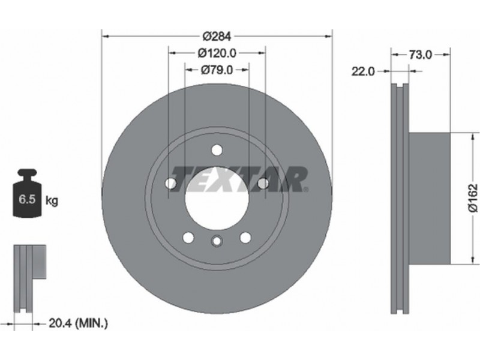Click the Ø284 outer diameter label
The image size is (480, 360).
(217, 37)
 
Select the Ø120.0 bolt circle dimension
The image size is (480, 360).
(217, 53)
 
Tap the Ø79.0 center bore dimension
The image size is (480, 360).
(217, 70)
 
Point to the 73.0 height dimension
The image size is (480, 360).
(421, 55)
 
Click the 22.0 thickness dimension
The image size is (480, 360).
(363, 71)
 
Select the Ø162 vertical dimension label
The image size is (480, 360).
(473, 197)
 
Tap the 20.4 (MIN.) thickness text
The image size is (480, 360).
(79, 323)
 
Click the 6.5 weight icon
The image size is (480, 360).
(27, 193)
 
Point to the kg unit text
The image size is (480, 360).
(52, 201)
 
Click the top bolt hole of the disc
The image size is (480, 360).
(217, 150)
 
